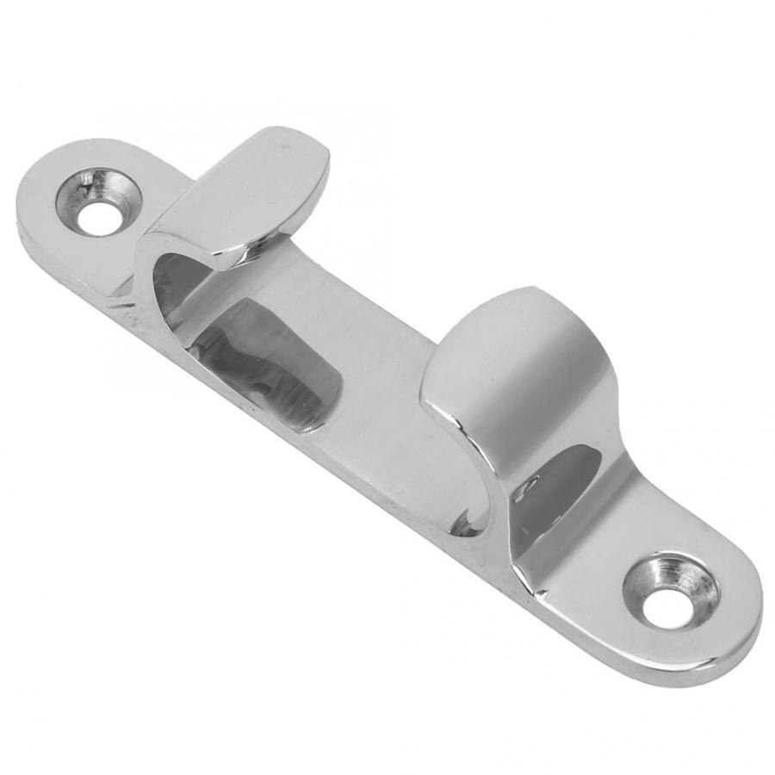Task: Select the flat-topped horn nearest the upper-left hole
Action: click(250, 194)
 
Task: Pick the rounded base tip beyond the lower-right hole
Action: click(741, 620)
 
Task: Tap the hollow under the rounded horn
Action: click(551, 491)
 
